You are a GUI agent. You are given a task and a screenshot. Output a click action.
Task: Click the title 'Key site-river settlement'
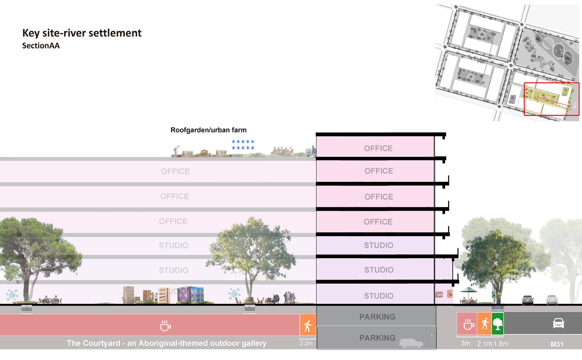(x=82, y=33)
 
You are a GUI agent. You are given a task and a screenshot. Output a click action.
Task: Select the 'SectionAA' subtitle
(x=41, y=46)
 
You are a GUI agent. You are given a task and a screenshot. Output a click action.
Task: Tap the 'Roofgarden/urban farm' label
(x=209, y=130)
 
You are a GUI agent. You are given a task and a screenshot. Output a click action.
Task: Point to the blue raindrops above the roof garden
(x=243, y=145)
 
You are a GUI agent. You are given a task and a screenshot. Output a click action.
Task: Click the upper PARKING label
(x=377, y=317)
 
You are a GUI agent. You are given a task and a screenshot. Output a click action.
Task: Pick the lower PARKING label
(x=377, y=338)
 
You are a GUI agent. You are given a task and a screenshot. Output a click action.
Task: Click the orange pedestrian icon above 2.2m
(x=308, y=325)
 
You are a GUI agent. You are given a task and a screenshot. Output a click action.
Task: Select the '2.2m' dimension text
(x=306, y=344)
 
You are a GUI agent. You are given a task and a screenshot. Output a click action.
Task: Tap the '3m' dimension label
(x=466, y=343)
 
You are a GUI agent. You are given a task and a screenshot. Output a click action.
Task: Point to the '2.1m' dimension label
(x=485, y=344)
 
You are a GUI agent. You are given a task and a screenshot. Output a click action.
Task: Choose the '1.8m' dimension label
(x=501, y=344)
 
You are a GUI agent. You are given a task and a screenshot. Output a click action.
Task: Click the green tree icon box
(x=497, y=324)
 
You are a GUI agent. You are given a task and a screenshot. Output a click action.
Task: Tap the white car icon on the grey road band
(x=558, y=323)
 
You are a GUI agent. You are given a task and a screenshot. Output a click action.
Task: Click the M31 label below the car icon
(x=557, y=344)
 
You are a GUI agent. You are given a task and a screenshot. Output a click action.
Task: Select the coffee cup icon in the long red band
(x=165, y=326)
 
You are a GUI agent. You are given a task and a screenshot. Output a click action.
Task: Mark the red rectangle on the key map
(x=551, y=99)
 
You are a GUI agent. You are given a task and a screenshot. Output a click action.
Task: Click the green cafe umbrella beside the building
(x=468, y=290)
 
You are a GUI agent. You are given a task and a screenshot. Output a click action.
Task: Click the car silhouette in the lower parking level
(x=411, y=343)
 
